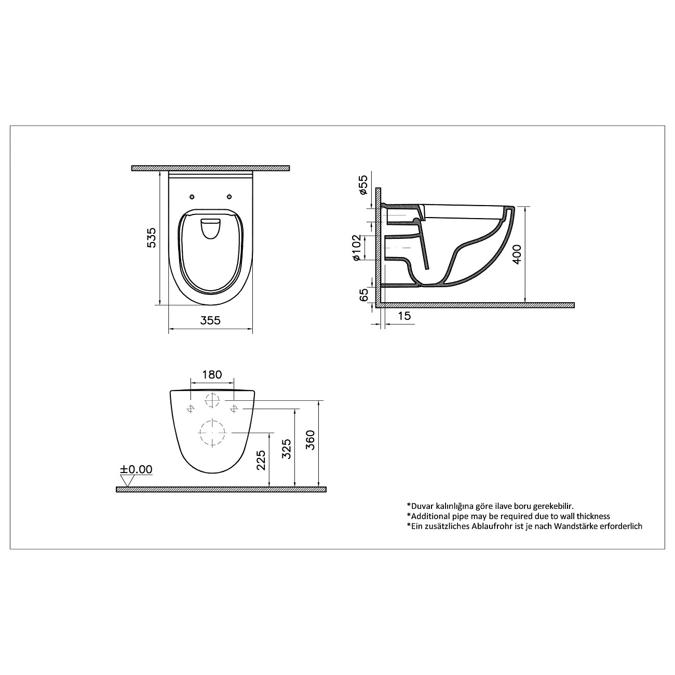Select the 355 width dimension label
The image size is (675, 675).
click(x=210, y=320)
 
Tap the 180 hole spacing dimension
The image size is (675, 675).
click(x=212, y=374)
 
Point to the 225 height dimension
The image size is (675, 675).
click(x=261, y=460)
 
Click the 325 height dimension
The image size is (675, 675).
click(x=286, y=449)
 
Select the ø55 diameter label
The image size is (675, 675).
click(x=363, y=185)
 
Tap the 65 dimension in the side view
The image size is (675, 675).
click(x=364, y=294)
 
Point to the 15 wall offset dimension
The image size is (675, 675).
click(x=403, y=316)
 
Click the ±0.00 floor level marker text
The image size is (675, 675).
click(x=137, y=469)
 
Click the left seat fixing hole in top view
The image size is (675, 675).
click(x=192, y=196)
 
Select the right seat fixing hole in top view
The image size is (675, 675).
click(x=229, y=196)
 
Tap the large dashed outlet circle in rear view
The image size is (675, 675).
click(x=212, y=433)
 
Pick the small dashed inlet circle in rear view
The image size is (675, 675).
click(x=212, y=400)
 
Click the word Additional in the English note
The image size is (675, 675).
click(x=431, y=516)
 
